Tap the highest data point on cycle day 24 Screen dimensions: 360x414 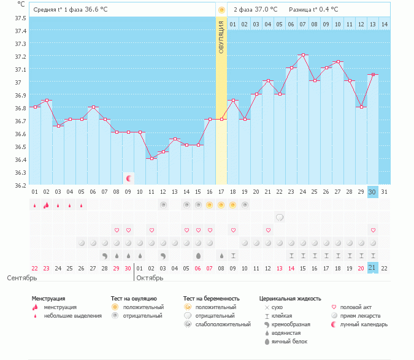[303, 55]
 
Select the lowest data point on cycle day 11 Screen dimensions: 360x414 [151, 158]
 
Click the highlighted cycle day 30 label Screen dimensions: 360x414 [372, 192]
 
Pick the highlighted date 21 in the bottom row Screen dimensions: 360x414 [372, 268]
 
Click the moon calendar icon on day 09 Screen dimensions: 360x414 [129, 178]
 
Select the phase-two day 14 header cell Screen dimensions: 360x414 [384, 24]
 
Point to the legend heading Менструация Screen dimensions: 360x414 [48, 299]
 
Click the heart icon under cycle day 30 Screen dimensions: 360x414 [372, 230]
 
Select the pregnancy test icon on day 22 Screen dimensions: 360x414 [280, 217]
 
